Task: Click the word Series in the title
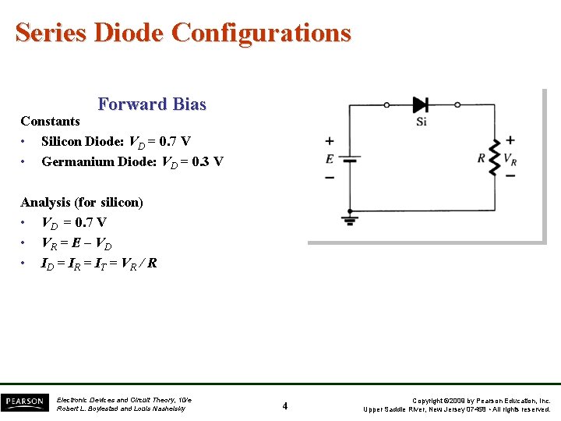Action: (51, 33)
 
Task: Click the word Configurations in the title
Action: (261, 33)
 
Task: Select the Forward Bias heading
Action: (152, 104)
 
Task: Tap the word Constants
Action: (50, 121)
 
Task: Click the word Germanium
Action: (78, 161)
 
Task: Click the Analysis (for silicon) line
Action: (82, 202)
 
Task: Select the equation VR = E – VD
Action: (81, 242)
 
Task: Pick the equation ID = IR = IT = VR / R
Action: (99, 263)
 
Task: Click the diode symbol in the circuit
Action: (421, 104)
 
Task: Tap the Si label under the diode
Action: (422, 122)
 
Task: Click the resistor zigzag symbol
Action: (492, 158)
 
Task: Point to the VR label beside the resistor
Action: (510, 158)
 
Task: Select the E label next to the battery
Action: (330, 158)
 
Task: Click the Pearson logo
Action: (24, 402)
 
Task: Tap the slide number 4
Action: (285, 405)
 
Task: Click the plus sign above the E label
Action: (330, 141)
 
